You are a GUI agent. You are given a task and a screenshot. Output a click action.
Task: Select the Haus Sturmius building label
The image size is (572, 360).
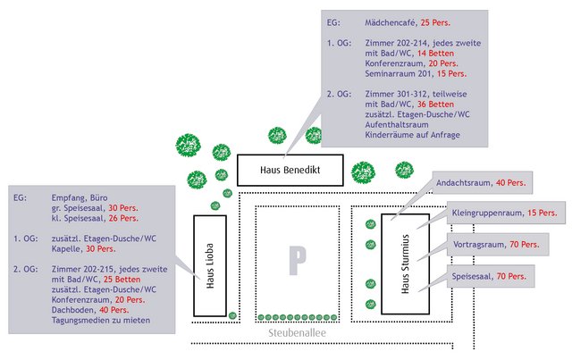tap(404, 264)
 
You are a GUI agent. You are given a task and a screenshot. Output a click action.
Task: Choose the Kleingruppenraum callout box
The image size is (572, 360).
tap(504, 213)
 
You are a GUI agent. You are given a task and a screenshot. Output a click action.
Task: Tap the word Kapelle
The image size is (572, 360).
tap(67, 249)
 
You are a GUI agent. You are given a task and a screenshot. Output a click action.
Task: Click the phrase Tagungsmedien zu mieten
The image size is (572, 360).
tap(101, 320)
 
